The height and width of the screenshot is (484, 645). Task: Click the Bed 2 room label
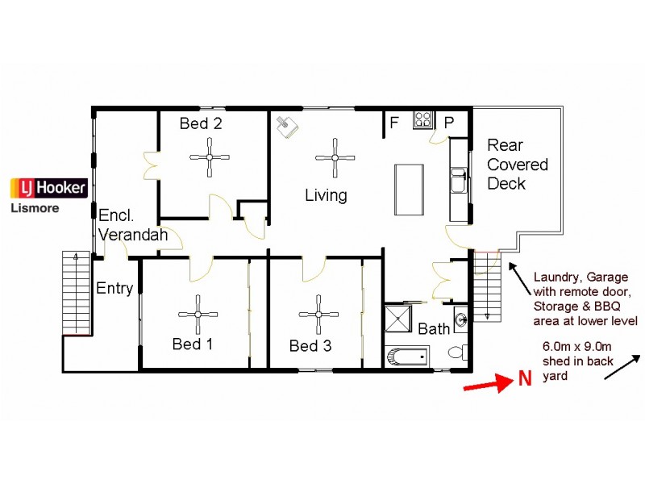(201, 123)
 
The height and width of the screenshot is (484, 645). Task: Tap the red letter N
(524, 378)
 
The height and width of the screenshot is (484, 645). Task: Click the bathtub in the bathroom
(407, 355)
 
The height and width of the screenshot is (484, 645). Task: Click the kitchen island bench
(409, 190)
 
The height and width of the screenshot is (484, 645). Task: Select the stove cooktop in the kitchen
(423, 120)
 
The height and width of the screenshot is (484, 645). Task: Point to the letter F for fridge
(395, 123)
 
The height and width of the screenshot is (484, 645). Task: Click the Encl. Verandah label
(133, 225)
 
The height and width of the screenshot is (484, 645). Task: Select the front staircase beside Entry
(77, 292)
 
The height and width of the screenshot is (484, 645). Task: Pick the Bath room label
(434, 329)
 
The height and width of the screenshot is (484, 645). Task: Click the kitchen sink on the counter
(458, 181)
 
